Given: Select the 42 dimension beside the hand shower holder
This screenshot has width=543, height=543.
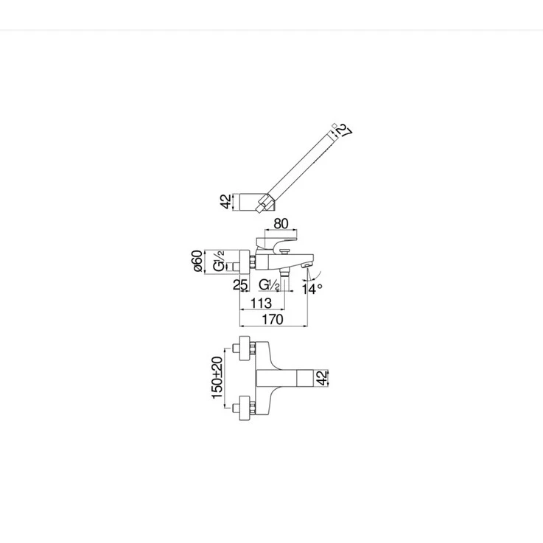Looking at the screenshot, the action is click(225, 202).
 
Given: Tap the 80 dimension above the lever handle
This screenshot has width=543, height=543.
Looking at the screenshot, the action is click(281, 224).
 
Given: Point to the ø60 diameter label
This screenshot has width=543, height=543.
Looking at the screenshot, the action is click(197, 261).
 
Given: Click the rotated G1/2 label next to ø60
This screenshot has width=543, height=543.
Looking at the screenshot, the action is click(219, 261).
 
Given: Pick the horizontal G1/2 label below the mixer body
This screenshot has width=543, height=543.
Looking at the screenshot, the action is click(270, 285).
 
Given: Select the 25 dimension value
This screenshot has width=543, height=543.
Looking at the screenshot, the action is click(240, 285).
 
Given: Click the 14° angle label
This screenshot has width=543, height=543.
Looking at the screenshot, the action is click(312, 289).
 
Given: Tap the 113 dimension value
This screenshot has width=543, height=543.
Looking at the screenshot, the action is click(261, 304).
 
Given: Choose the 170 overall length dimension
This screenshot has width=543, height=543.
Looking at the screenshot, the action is click(273, 320).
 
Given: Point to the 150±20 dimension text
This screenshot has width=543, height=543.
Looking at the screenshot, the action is click(217, 377).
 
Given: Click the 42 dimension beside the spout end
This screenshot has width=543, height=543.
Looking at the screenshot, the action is click(322, 378).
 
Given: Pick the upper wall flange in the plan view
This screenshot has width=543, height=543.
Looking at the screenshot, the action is click(245, 348).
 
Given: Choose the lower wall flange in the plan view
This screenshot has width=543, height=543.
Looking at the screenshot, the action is click(245, 407).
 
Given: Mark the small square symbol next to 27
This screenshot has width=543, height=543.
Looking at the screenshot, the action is click(334, 125).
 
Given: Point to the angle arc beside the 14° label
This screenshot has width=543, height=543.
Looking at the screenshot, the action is click(312, 276).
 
